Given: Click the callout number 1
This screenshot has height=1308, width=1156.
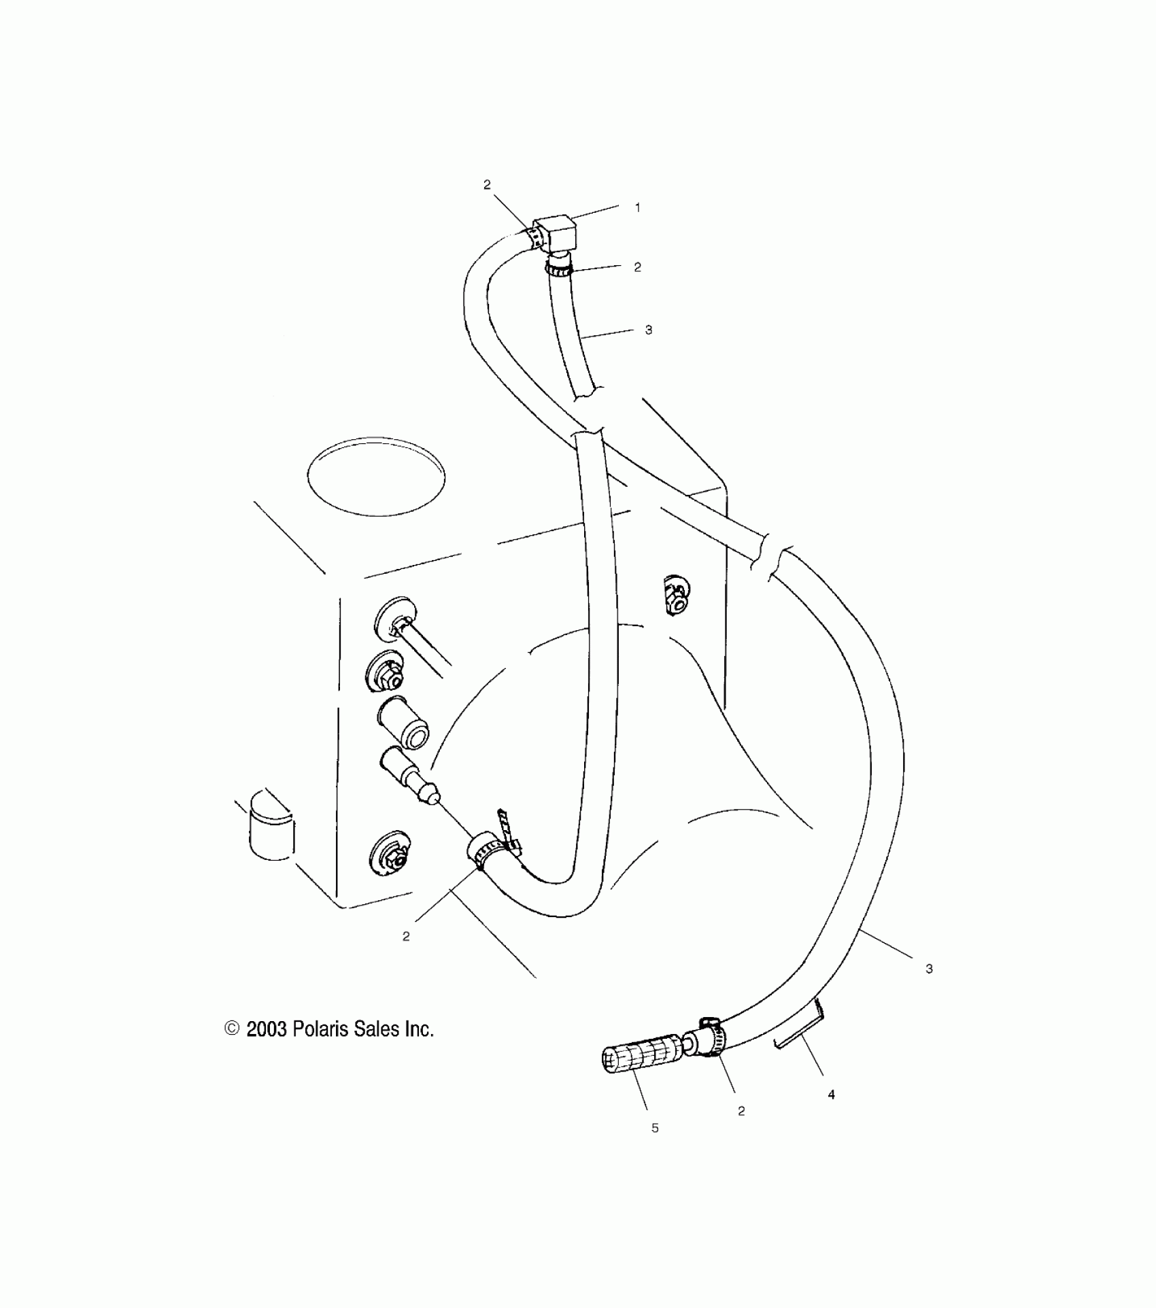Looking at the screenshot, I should click(x=637, y=208).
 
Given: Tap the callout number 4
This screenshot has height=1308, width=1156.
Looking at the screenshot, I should click(x=831, y=1095).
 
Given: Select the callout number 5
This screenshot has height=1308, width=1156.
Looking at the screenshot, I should click(x=655, y=1128).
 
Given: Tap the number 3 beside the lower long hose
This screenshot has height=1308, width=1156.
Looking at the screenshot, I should click(x=929, y=969).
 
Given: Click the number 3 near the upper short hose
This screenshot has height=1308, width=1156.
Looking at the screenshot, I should click(x=648, y=330).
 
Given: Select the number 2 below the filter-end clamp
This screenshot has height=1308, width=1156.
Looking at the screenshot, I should click(x=741, y=1111).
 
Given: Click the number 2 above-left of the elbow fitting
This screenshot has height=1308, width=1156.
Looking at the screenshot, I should click(x=487, y=184).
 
